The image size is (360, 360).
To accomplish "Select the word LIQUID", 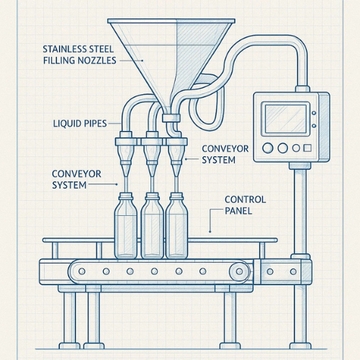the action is (x=66, y=124).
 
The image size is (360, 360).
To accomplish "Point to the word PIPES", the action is (x=94, y=124).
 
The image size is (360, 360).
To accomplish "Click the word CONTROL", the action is (x=246, y=199).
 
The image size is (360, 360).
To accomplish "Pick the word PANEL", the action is (x=238, y=211).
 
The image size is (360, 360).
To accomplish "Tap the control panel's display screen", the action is (x=286, y=119).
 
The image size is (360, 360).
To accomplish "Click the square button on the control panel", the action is (x=307, y=148).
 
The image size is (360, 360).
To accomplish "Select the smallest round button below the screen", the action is (x=296, y=148).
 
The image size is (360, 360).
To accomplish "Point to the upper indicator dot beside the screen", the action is (x=314, y=113).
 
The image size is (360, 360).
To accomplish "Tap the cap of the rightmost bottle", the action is (x=176, y=196).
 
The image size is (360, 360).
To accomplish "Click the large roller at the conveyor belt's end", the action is (x=239, y=271).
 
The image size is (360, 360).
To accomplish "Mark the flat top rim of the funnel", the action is (x=171, y=21).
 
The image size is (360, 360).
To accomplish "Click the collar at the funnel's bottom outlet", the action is (x=171, y=118).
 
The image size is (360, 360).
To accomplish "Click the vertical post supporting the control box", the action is (x=300, y=211).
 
